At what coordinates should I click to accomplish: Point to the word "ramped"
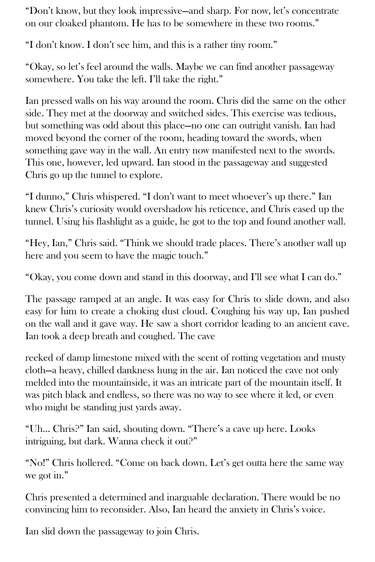pyautogui.click(x=96, y=299)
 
